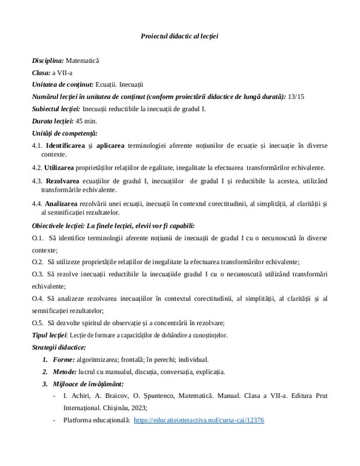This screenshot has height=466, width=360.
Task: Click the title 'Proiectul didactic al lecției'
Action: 179,36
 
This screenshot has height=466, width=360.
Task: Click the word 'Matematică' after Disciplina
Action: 83,60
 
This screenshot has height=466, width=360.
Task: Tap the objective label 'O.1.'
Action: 38,238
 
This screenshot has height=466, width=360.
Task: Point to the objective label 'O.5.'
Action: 38,323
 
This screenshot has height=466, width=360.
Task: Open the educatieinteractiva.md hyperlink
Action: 199,419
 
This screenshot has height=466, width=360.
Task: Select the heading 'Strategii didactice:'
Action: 59,347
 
